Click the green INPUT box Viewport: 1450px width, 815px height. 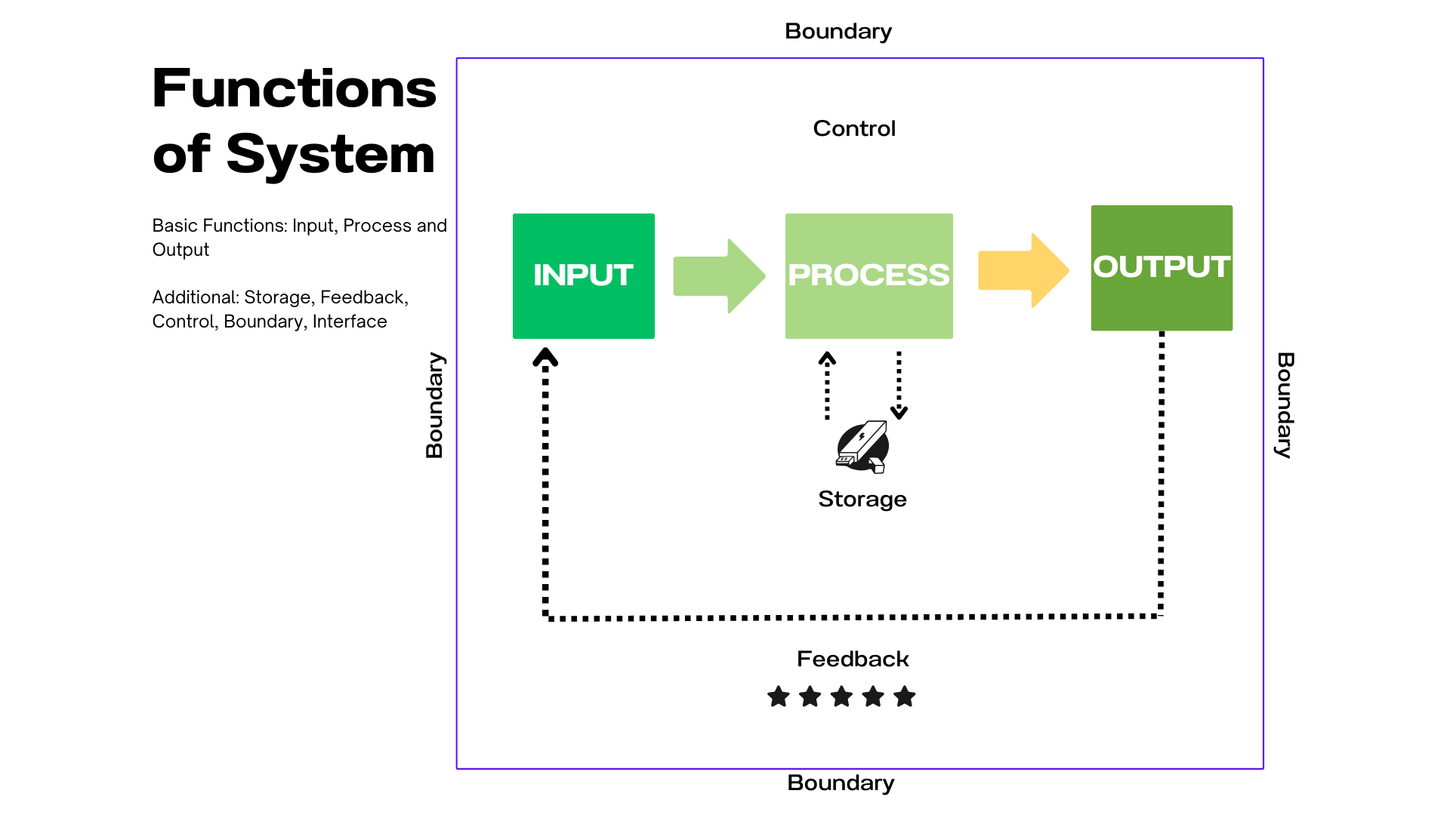tap(583, 275)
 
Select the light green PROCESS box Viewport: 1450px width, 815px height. tap(868, 275)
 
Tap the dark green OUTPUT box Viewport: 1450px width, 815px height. tap(1162, 267)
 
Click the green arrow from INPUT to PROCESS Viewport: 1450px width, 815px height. tap(719, 275)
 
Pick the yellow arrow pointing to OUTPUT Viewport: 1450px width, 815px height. tap(1023, 270)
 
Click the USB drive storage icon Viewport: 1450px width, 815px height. tap(862, 447)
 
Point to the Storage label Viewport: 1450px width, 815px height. tap(862, 499)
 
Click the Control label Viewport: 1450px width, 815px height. tap(854, 128)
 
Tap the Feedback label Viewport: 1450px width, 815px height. tap(853, 659)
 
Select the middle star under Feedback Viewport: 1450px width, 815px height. tap(841, 697)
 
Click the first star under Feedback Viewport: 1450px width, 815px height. tap(779, 697)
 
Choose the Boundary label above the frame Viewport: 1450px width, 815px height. tap(838, 31)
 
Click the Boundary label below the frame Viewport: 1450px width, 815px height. tap(841, 783)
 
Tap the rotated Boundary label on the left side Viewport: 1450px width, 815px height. tap(434, 405)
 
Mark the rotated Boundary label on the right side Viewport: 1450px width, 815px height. tap(1285, 405)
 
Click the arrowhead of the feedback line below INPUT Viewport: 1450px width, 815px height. tap(545, 357)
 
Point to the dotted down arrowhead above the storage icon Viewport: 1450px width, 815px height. tap(899, 412)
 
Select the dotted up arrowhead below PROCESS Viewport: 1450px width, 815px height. tap(827, 358)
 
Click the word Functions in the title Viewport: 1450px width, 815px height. tap(295, 88)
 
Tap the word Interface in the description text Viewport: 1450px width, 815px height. tap(350, 321)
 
